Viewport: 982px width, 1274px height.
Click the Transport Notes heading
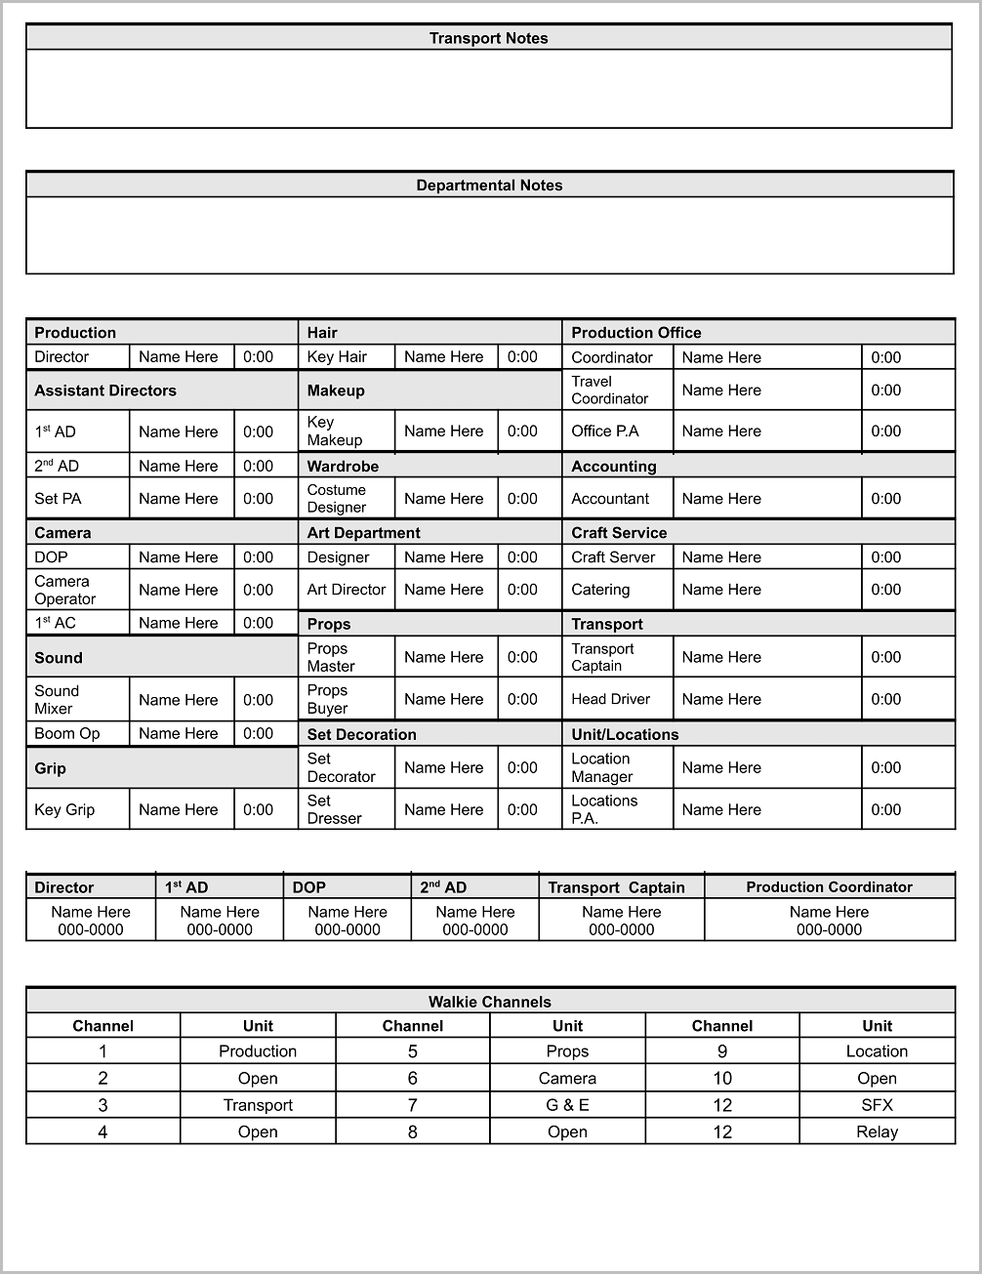tap(488, 38)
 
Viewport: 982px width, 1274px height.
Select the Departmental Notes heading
tap(489, 185)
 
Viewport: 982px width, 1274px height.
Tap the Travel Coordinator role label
tap(610, 390)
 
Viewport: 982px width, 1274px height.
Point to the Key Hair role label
tap(337, 357)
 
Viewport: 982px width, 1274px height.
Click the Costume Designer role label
tap(337, 499)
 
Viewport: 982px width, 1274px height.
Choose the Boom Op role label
tap(67, 734)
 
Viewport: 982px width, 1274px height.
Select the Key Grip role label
tap(64, 810)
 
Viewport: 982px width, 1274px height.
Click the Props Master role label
tap(331, 658)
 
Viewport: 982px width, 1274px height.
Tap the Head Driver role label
tap(610, 700)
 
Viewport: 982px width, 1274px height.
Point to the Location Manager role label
tap(601, 768)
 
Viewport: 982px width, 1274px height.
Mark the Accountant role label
tap(610, 499)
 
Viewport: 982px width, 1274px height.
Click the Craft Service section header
tap(619, 533)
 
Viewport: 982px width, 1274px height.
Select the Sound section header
tap(59, 658)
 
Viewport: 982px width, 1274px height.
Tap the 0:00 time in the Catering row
tap(885, 590)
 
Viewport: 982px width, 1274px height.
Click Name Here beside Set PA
tap(179, 499)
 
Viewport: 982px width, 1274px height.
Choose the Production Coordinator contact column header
tap(829, 887)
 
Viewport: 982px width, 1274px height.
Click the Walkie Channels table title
tap(490, 1002)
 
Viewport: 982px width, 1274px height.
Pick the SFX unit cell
tap(877, 1105)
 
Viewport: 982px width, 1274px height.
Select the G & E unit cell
tap(567, 1105)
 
